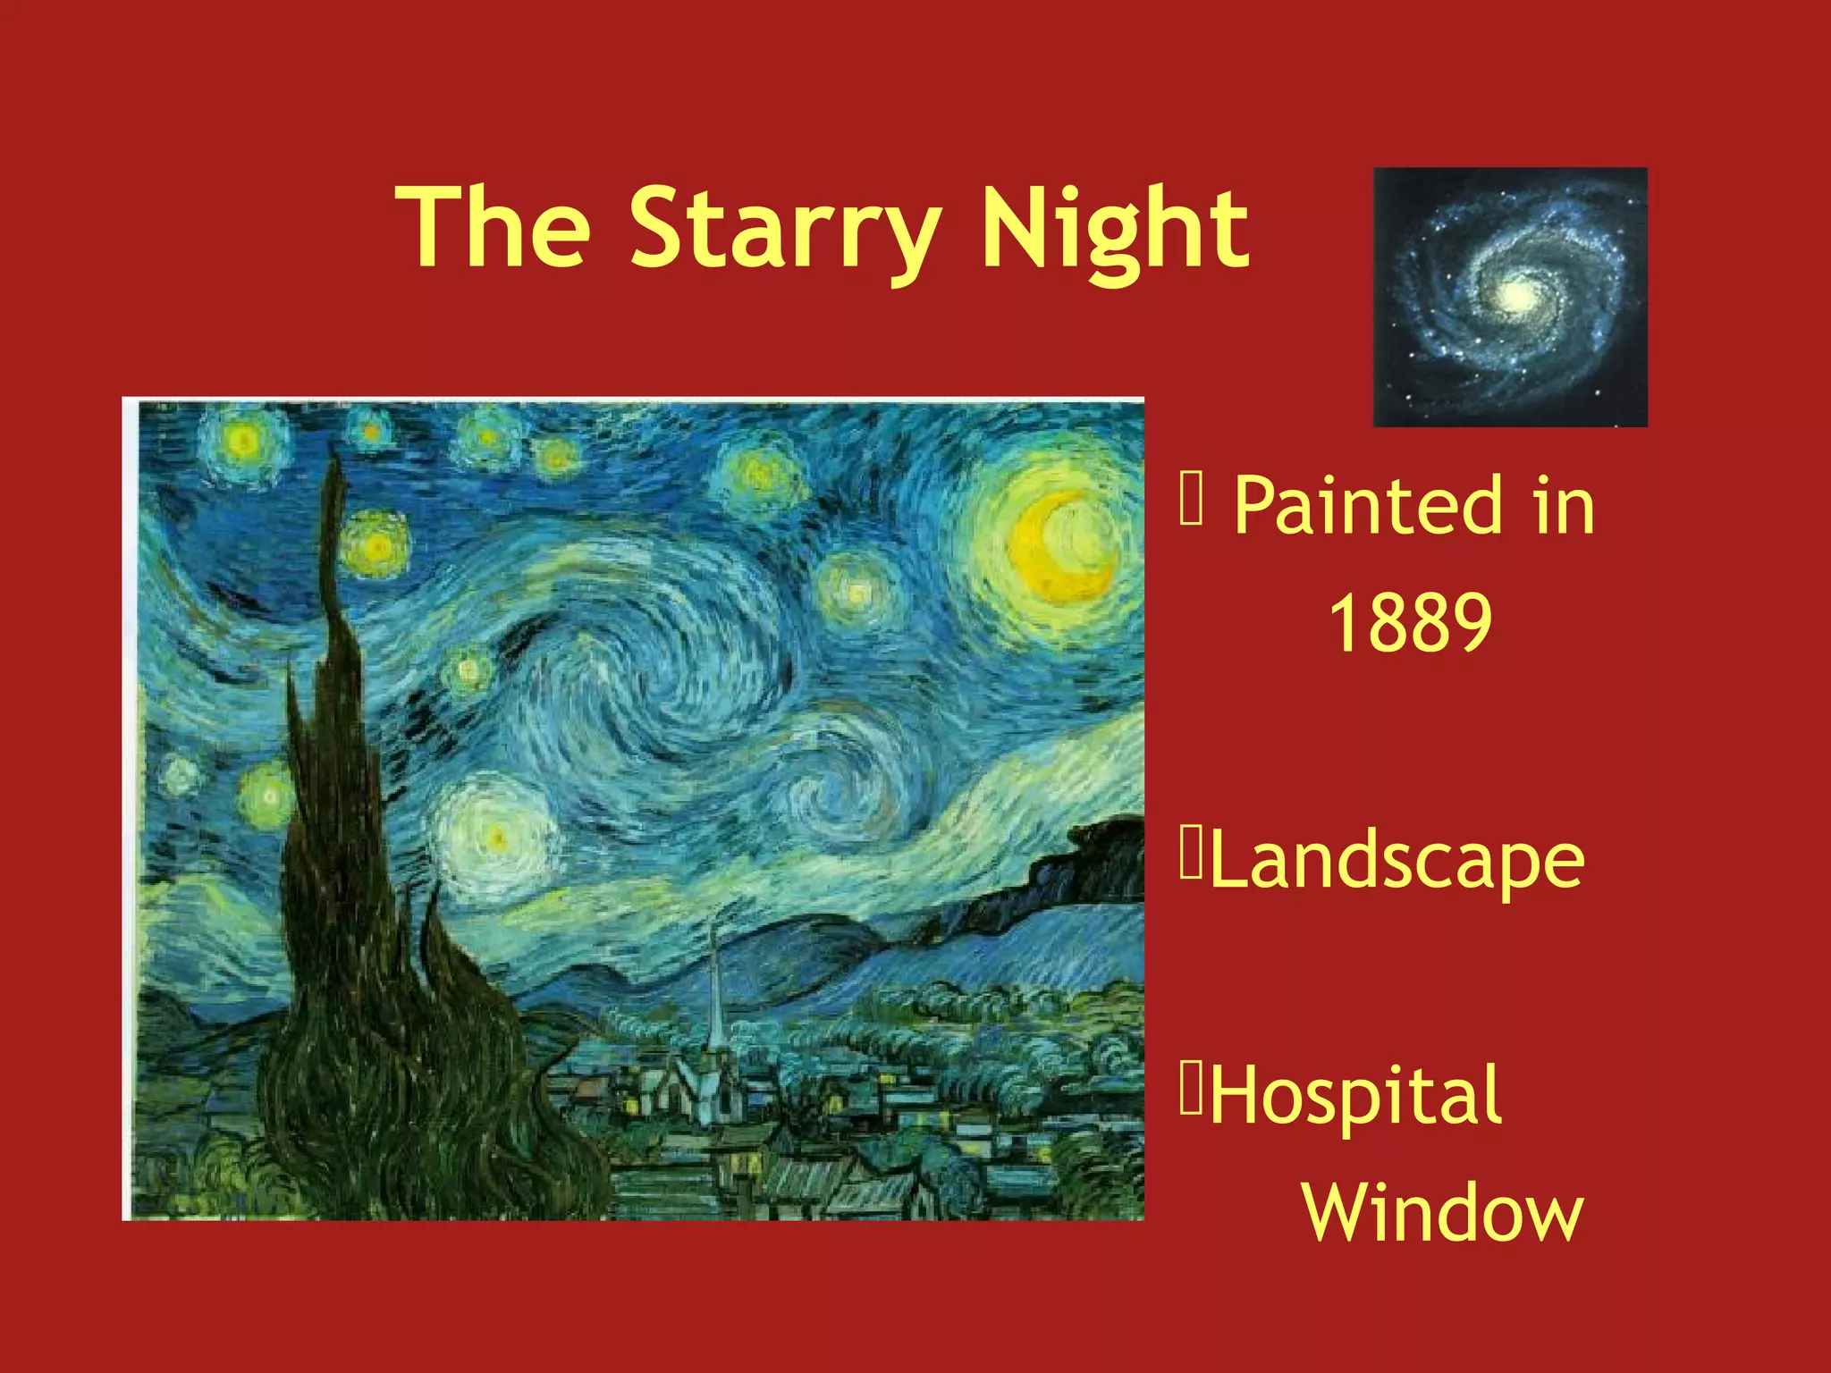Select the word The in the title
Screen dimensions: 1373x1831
tap(497, 227)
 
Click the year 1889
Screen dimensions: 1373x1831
tap(1410, 623)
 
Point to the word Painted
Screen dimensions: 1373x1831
tap(1368, 506)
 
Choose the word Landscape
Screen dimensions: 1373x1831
tap(1397, 860)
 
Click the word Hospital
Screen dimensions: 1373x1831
tap(1355, 1096)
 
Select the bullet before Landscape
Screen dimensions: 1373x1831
tap(1191, 855)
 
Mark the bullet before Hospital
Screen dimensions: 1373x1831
tap(1191, 1089)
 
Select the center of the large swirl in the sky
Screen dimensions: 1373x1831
tap(644, 679)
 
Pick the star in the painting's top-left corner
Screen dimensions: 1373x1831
tap(242, 440)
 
